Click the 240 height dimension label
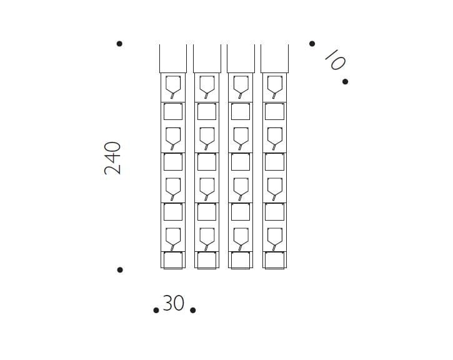coord(112,158)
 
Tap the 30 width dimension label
coord(173,303)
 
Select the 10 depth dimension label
coord(335,60)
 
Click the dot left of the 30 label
coord(156,310)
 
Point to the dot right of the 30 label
coord(192,310)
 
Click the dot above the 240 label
coord(119,44)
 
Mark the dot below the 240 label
coord(120,270)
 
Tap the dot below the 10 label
coord(345,82)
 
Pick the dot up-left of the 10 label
coord(312,44)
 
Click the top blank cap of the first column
coord(173,59)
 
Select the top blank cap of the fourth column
coord(274,59)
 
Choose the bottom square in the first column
coord(173,261)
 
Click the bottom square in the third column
coord(241,261)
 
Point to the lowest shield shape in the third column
coord(241,239)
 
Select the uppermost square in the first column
coord(173,111)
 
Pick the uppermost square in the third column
coord(241,111)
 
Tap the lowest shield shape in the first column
coord(173,239)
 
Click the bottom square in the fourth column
coord(274,261)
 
